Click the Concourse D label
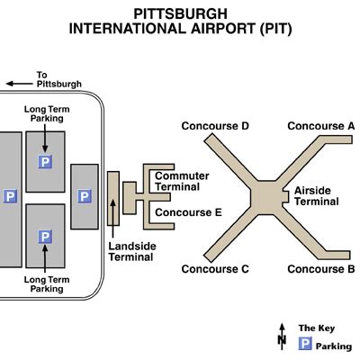tap(215, 126)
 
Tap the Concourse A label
tap(321, 126)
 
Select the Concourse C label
tap(215, 269)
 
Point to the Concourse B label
tap(321, 269)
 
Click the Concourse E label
tap(188, 212)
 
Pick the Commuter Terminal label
tap(182, 181)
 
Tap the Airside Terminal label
tap(316, 196)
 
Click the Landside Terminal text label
tap(132, 252)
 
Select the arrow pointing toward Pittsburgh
tap(19, 84)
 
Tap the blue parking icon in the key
tap(305, 344)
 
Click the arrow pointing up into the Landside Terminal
tap(112, 219)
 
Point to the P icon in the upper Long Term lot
tap(45, 162)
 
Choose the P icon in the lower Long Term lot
tap(45, 237)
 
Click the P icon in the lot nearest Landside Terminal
tap(85, 196)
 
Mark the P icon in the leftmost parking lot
tap(10, 196)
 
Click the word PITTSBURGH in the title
tap(180, 14)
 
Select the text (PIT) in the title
tap(276, 29)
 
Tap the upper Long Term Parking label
tap(47, 113)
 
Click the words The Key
tap(317, 328)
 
